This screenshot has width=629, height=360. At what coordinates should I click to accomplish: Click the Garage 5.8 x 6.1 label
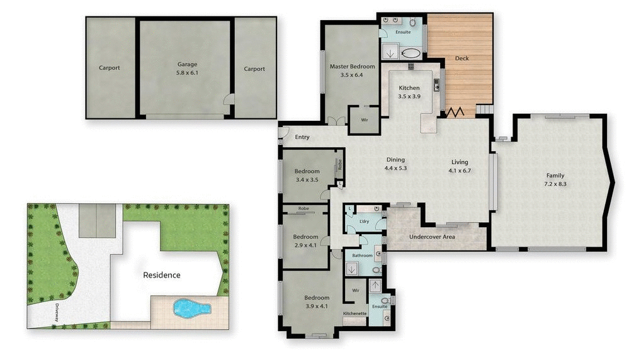coord(187,68)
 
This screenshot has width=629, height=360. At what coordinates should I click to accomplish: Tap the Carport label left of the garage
coord(109,68)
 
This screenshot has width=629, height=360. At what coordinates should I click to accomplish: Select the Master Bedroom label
coord(352,70)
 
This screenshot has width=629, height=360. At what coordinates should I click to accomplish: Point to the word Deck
coord(462,59)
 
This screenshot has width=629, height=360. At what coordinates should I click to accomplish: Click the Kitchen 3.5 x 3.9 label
coord(409,92)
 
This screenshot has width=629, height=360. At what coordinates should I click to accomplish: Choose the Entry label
coord(302,137)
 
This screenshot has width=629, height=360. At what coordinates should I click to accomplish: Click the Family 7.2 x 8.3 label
coord(555,180)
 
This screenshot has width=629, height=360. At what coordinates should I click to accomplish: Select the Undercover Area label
coord(433,237)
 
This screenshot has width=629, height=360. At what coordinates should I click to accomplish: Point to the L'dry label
coord(363,222)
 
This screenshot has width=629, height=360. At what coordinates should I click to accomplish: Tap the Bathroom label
coord(362,256)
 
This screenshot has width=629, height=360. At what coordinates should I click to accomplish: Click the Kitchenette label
coord(354,313)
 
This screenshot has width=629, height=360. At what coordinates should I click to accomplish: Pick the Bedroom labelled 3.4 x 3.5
coord(307,175)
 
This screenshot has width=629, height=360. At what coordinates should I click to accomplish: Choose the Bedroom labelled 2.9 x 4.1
coord(305,241)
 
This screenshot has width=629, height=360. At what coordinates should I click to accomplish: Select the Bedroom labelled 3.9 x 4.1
coord(317,302)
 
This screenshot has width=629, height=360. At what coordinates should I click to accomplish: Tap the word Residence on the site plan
coord(161,275)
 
